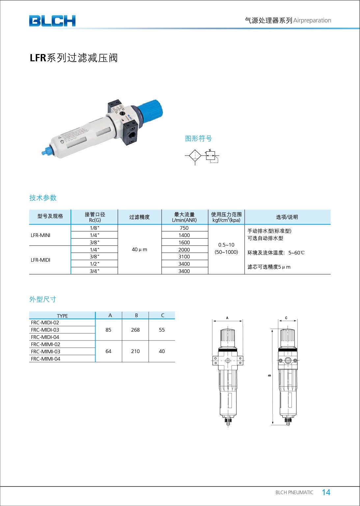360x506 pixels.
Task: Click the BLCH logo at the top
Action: pos(52,21)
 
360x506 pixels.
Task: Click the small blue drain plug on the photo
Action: pos(45,152)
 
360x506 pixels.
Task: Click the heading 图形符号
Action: pos(198,138)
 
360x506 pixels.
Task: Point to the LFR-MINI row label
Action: pos(41,235)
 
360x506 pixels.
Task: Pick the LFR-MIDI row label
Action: pos(41,260)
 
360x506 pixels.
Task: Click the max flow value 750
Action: pos(184,228)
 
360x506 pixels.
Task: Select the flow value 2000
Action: pos(184,250)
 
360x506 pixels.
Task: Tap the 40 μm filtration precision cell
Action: pos(139,250)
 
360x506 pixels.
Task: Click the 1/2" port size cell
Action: pos(94,264)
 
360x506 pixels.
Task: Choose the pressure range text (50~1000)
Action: pos(226,252)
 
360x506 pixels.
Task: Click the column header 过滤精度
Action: pos(139,217)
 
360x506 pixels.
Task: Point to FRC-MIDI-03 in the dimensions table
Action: pos(45,330)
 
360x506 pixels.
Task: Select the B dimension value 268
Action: pos(135,330)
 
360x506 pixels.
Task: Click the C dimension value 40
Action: pos(162,351)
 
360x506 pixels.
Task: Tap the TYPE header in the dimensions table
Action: pos(62,316)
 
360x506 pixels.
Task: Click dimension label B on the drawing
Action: pos(269,375)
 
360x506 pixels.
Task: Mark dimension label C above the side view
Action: pos(286,318)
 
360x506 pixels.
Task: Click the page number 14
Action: pos(326,492)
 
